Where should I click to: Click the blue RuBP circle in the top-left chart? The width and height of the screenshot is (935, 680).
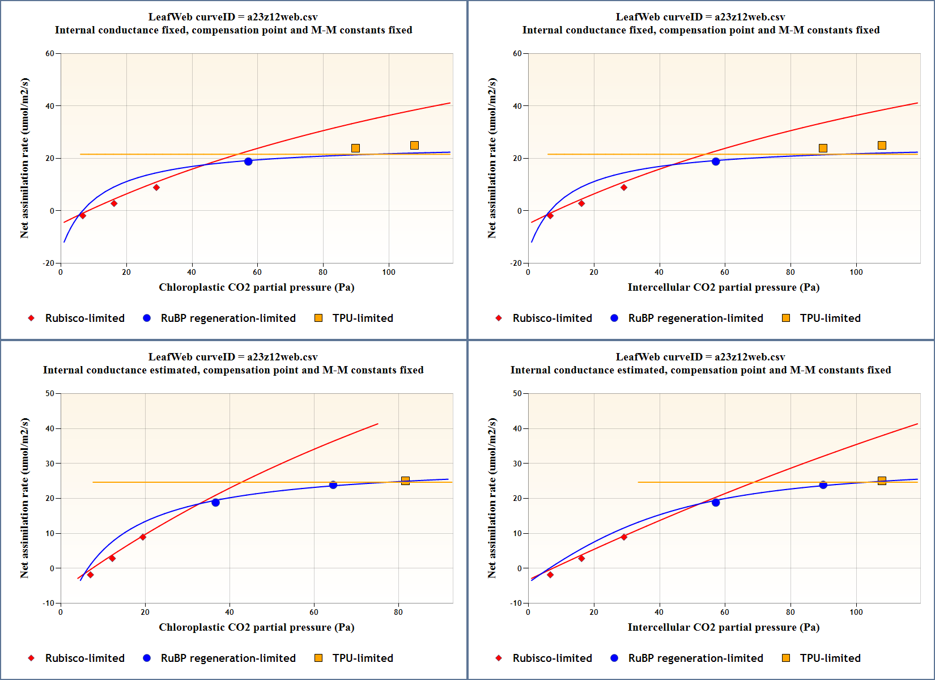coord(248,161)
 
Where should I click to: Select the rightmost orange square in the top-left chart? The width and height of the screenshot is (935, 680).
coord(414,146)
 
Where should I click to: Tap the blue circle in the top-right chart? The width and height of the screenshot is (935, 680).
coord(716,161)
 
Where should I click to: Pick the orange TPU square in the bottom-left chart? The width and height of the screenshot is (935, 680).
coord(405,481)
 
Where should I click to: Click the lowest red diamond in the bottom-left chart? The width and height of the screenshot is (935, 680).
coord(90,575)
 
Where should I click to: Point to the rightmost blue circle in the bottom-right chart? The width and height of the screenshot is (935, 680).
coord(823,485)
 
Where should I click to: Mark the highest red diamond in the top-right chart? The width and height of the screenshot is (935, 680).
coord(624,188)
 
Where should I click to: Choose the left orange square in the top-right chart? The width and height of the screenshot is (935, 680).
coord(823,148)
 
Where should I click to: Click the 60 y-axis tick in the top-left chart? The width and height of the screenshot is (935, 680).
coord(50,54)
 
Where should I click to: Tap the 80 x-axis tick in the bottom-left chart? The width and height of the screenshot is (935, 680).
coord(398,612)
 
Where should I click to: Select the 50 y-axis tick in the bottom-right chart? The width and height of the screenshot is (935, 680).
coord(517,394)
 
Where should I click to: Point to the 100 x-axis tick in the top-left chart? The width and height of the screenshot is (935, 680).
coord(389,272)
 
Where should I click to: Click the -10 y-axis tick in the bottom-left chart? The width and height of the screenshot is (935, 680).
coord(49,603)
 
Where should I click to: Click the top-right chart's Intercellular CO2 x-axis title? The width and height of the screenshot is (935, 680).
coord(723,287)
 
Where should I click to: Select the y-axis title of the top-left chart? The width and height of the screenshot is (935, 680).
coord(24,158)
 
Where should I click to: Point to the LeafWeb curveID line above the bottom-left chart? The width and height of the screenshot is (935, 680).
coord(233,357)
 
